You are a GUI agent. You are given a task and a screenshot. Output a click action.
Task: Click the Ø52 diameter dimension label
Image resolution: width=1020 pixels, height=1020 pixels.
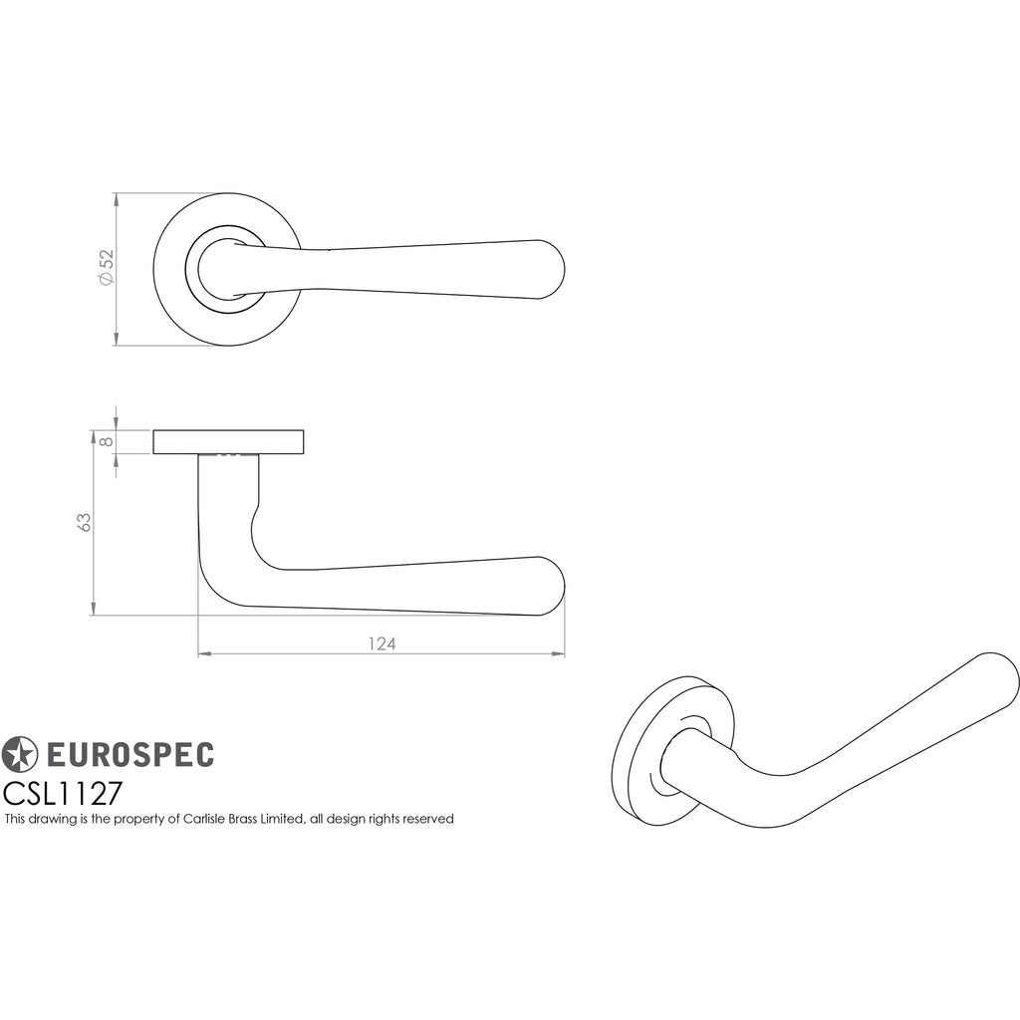click(x=106, y=267)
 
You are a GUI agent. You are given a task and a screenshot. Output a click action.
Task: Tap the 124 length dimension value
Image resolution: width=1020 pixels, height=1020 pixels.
click(x=382, y=643)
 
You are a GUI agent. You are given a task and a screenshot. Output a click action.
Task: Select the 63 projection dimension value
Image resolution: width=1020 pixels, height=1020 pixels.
click(x=84, y=522)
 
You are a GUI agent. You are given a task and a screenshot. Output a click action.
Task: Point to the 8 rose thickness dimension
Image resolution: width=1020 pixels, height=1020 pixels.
click(x=108, y=441)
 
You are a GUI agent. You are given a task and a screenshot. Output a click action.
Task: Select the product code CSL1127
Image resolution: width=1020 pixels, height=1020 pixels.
click(x=63, y=794)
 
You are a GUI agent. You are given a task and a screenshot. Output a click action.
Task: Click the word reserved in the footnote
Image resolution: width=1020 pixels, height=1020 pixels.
click(x=427, y=819)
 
